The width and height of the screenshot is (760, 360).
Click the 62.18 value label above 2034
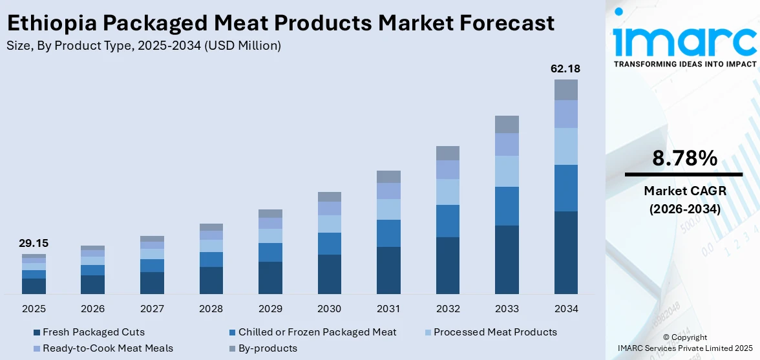(x=565, y=69)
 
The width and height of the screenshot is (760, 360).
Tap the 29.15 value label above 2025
(x=34, y=244)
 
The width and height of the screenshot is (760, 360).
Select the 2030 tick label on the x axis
(x=329, y=308)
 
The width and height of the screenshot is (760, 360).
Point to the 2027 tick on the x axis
(x=152, y=308)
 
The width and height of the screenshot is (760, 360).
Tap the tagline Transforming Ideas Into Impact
(x=684, y=64)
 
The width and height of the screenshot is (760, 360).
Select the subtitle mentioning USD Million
(x=143, y=45)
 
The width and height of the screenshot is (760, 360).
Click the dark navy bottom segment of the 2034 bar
(x=565, y=252)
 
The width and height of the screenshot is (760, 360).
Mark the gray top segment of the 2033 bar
(x=507, y=124)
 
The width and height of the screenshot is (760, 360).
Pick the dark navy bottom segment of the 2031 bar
(x=388, y=270)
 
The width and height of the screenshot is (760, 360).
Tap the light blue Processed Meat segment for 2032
(x=447, y=192)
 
